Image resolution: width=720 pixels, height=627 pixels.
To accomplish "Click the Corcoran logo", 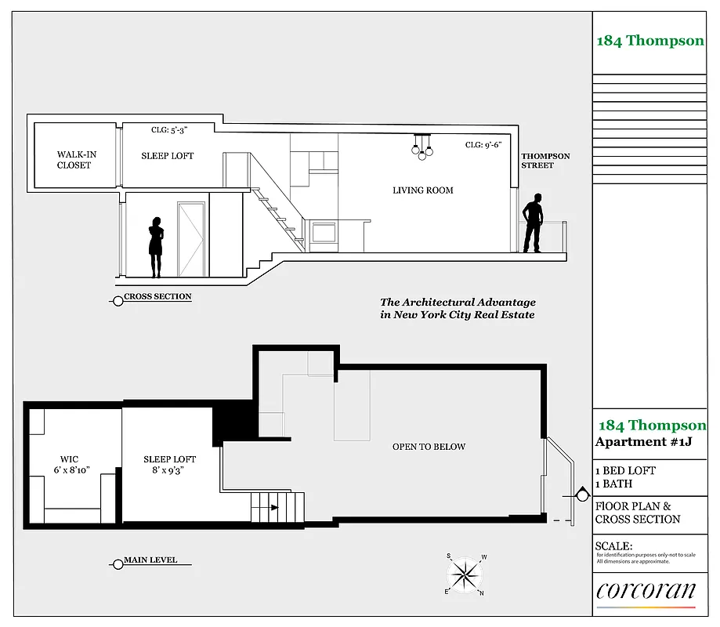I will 646,591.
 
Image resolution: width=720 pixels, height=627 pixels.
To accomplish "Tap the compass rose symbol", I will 466,574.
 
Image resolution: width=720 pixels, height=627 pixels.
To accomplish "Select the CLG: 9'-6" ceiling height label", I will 483,145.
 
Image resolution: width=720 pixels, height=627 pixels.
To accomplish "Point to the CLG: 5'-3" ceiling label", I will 169,130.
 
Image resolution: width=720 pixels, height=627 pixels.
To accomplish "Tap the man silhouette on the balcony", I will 534,223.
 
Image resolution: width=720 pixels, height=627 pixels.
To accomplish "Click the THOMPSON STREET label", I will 546,161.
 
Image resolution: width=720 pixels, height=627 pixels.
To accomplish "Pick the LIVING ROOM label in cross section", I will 423,190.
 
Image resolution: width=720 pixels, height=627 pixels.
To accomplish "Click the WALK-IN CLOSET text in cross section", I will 74,160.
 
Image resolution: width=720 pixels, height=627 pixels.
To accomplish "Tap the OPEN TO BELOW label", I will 429,447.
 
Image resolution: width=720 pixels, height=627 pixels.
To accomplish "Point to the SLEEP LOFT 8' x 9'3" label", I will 169,465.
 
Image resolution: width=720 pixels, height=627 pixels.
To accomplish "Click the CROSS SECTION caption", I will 157,297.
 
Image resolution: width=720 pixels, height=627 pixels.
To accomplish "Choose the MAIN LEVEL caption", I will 150,560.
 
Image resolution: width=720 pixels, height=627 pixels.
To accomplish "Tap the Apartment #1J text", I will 635,442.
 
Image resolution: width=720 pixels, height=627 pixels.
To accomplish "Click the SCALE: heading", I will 613,546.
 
